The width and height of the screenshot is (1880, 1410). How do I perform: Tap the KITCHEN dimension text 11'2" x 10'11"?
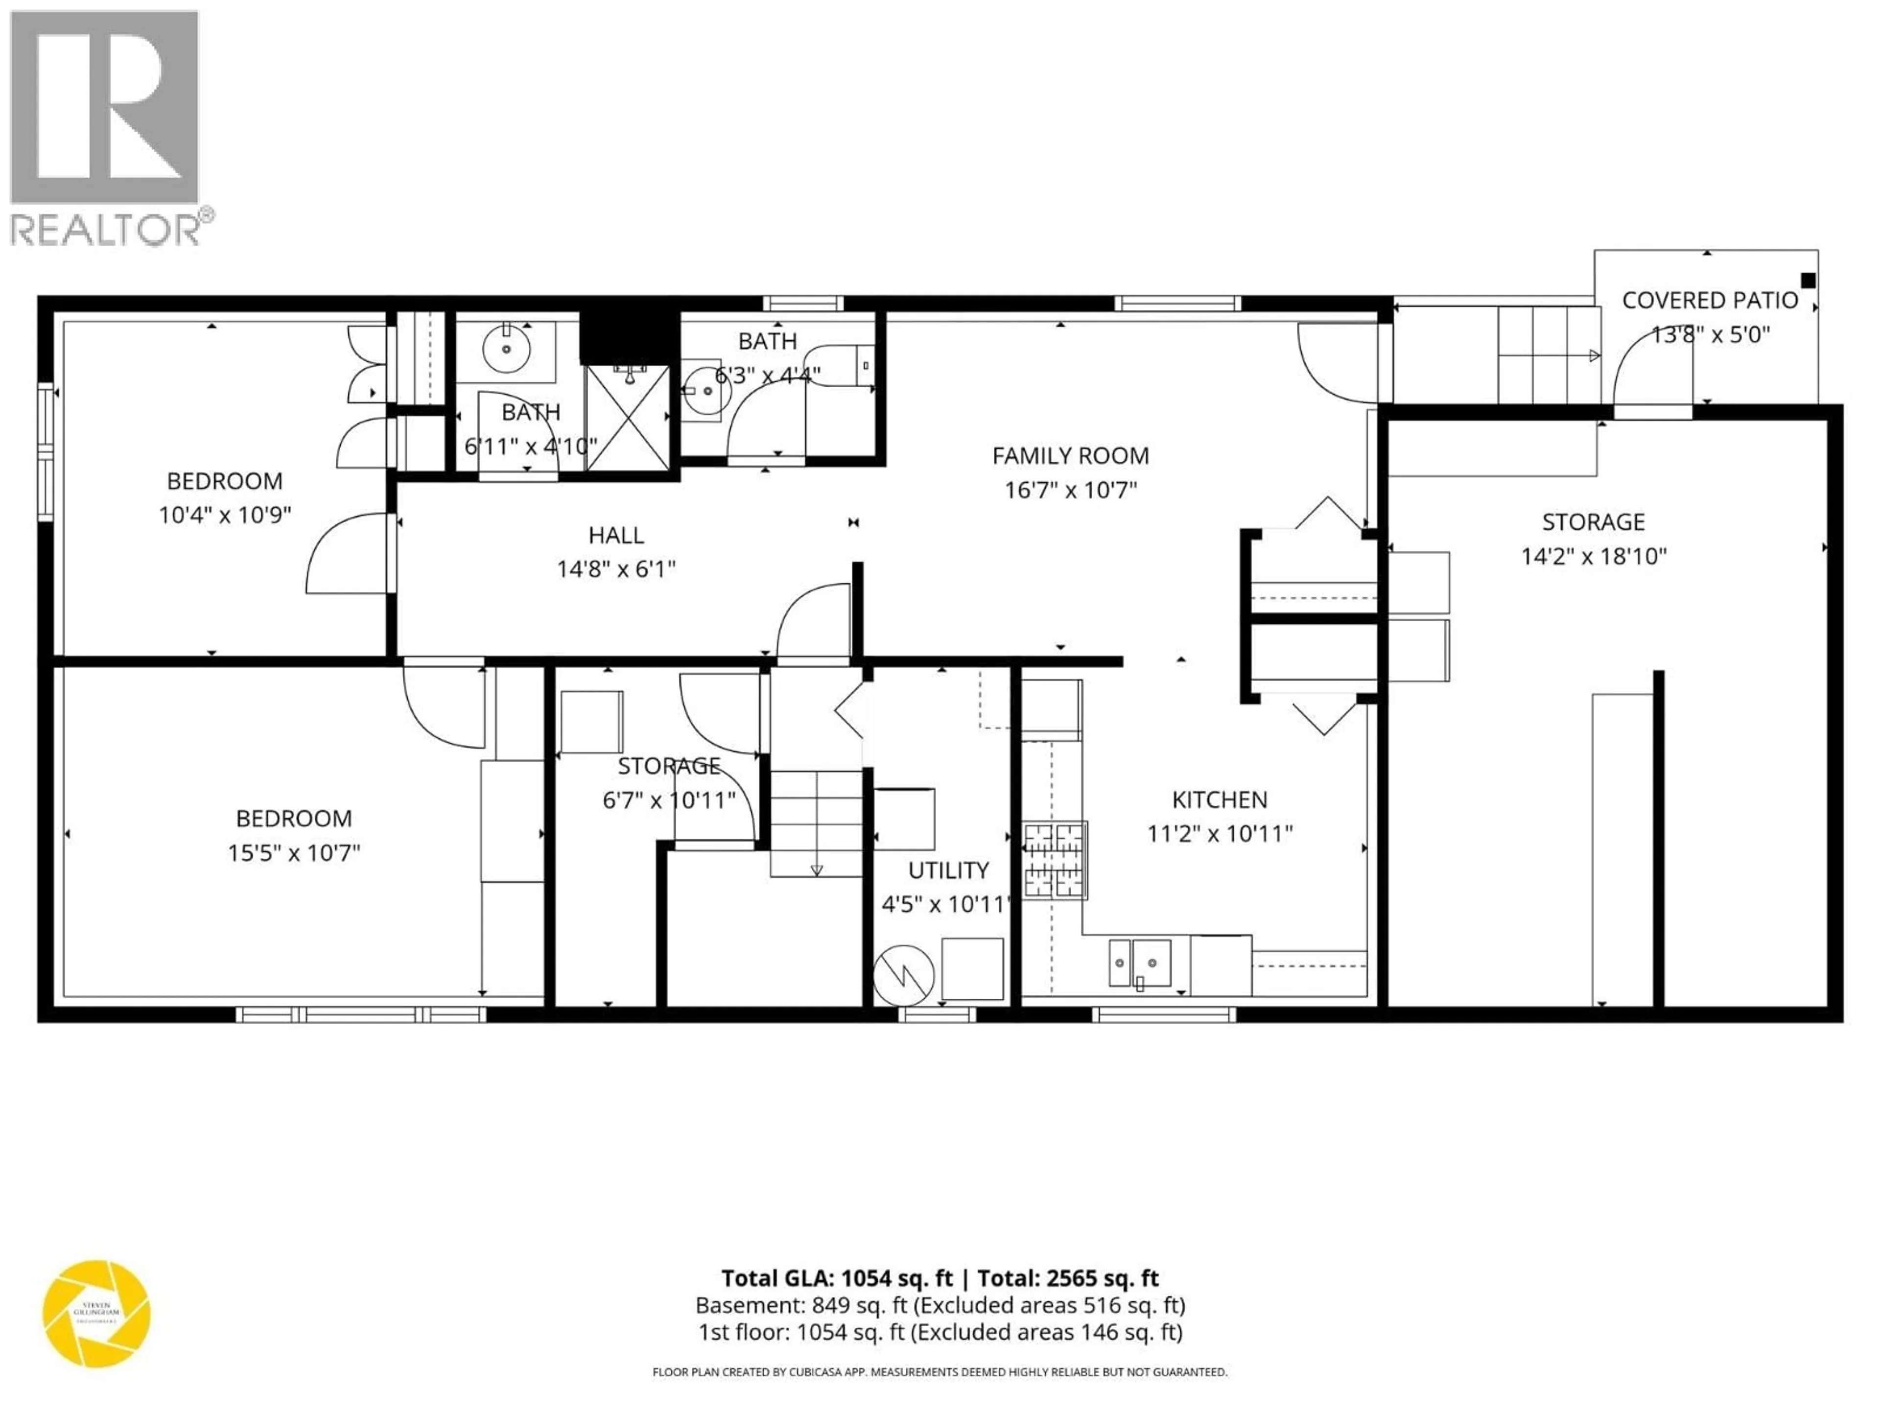(1220, 834)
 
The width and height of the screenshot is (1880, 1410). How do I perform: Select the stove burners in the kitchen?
(1055, 860)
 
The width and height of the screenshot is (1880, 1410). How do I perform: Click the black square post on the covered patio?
(1808, 281)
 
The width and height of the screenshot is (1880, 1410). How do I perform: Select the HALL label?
(616, 536)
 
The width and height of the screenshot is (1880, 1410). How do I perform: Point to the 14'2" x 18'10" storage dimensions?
(1594, 557)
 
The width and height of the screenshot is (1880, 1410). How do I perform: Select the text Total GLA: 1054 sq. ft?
(837, 1278)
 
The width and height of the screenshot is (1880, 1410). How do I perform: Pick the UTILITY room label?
(948, 870)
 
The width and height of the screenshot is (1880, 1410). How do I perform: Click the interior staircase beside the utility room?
(816, 822)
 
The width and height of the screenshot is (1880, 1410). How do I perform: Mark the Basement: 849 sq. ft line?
(940, 1305)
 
